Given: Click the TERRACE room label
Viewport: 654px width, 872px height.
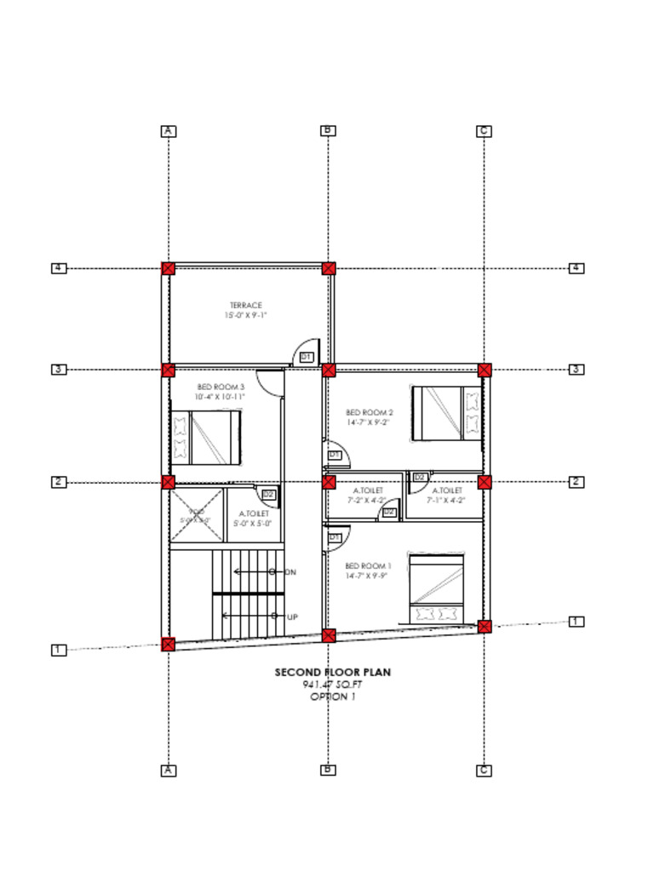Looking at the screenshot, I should click(246, 305).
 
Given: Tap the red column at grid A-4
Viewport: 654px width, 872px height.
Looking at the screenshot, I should click(169, 268).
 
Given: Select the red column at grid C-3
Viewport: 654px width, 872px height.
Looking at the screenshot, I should click(485, 370).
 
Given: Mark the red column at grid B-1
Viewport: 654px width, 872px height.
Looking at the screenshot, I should click(329, 635).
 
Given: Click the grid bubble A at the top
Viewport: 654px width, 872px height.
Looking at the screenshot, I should click(169, 131).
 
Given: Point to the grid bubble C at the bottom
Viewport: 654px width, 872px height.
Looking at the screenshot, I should click(484, 771).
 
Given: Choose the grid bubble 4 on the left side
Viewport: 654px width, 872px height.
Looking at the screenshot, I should click(58, 268).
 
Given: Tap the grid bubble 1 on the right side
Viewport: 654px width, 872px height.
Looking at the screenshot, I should click(577, 622).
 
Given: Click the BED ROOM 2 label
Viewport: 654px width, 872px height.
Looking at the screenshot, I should click(369, 412).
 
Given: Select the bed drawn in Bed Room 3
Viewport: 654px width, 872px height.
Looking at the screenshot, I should click(206, 438).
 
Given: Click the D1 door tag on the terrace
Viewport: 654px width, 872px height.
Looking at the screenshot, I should click(307, 357).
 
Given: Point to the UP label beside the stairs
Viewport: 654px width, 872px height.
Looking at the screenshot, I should click(292, 617).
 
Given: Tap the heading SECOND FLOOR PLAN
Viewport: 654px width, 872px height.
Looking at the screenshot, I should click(332, 673).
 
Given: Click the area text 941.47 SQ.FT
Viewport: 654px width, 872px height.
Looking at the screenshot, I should click(332, 685).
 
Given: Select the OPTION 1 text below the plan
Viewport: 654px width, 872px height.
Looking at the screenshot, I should click(332, 697).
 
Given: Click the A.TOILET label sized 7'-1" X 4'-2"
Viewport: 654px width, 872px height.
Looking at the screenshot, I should click(447, 491).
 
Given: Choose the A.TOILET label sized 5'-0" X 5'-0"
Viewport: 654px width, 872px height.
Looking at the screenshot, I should click(254, 513).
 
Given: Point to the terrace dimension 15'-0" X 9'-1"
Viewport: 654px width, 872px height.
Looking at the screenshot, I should click(246, 316).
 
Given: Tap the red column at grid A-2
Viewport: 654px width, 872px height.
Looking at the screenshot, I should click(169, 482).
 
